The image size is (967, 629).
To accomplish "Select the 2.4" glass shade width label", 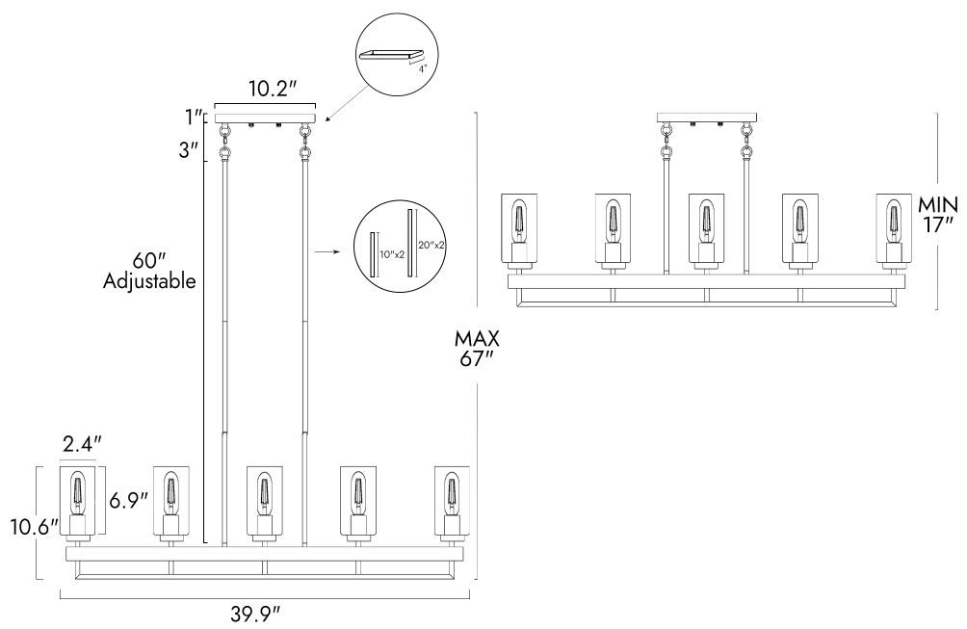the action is (83, 444).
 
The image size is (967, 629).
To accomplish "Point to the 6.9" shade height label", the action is (129, 499).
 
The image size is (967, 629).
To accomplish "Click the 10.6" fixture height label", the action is (35, 526).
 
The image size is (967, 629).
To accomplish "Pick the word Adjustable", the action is (150, 281).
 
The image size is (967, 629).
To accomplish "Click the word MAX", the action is (477, 338).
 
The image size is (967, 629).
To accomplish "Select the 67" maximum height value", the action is (478, 359).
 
